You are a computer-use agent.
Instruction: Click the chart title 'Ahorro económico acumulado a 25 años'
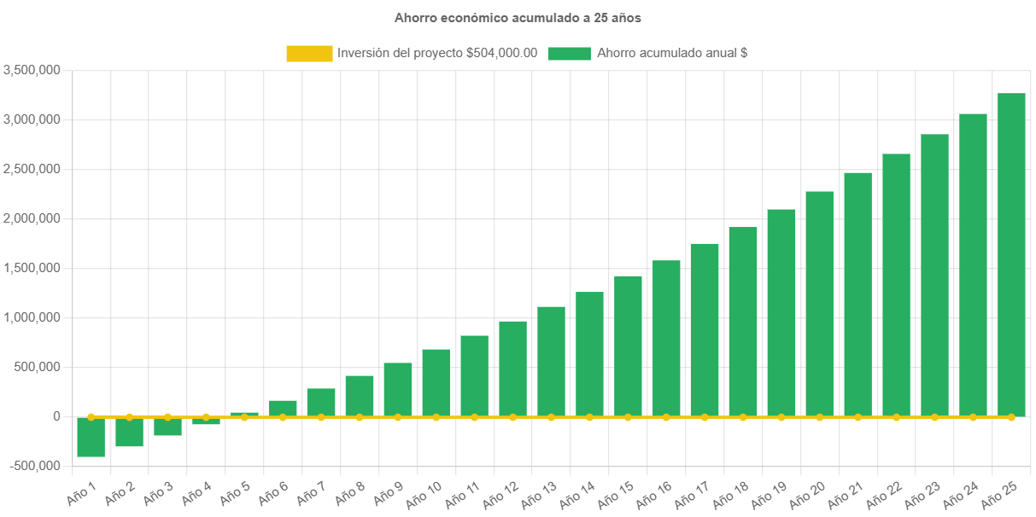coord(518,17)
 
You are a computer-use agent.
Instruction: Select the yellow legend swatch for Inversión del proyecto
coord(309,54)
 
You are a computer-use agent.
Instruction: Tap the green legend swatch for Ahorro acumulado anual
coord(569,54)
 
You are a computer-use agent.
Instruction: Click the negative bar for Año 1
coord(91,438)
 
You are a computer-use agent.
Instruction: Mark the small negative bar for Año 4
coord(206,421)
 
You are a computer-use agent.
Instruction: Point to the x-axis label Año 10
coord(426,493)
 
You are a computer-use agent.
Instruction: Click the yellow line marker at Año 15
coord(628,417)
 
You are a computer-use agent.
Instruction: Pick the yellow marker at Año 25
coord(1011,417)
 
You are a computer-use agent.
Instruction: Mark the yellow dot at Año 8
coord(360,417)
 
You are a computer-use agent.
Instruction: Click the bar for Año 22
coord(896,285)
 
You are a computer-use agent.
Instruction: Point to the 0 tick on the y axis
coord(56,416)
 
